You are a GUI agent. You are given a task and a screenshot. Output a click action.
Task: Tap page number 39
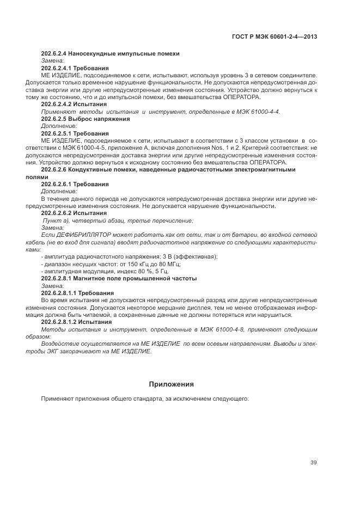(313, 463)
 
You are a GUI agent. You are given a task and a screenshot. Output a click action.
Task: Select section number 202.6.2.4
(53, 53)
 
